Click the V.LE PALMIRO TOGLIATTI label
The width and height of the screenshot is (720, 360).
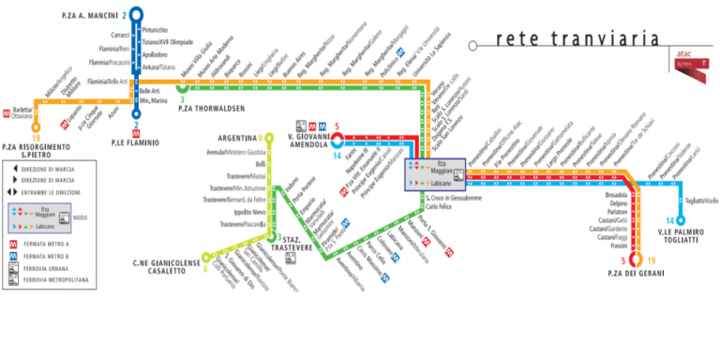[x=687, y=236]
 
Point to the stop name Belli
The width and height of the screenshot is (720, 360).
[x=260, y=163]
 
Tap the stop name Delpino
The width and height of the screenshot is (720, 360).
[x=618, y=202]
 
